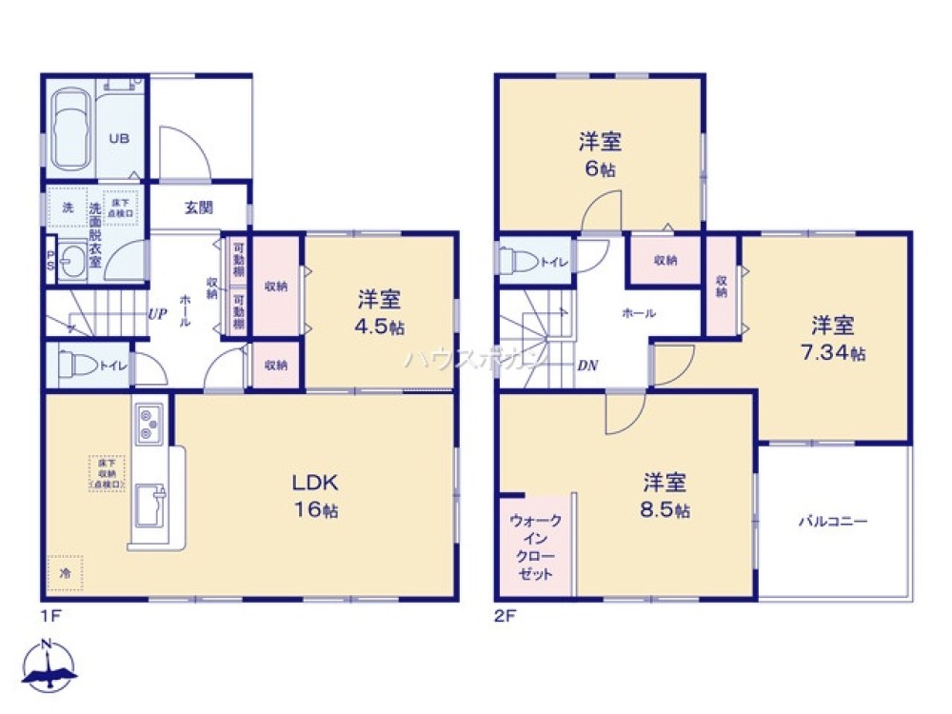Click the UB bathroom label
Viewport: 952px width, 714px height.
click(x=118, y=138)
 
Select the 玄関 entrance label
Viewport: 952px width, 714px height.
click(x=198, y=208)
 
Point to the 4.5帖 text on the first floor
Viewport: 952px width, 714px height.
click(x=378, y=327)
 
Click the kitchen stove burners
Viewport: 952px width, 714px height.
click(x=150, y=424)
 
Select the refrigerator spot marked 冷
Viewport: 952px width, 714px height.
click(x=65, y=573)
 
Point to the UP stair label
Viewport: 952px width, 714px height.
click(x=157, y=313)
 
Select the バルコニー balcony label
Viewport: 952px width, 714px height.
click(x=832, y=522)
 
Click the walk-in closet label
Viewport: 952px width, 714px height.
click(x=535, y=547)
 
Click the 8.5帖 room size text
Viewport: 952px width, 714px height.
click(x=665, y=509)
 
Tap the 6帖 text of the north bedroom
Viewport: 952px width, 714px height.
click(x=601, y=169)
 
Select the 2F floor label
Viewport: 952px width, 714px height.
click(x=504, y=615)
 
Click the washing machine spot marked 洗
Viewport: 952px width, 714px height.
click(x=67, y=207)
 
